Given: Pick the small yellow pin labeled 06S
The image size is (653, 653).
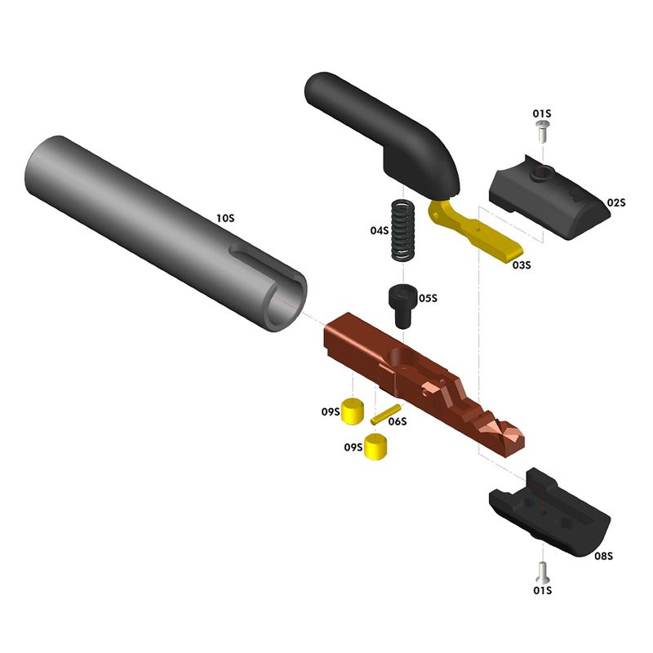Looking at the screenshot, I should (384, 414).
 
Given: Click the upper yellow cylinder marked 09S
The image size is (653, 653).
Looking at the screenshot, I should (353, 410).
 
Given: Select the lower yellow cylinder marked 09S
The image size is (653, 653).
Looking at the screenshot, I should (375, 446).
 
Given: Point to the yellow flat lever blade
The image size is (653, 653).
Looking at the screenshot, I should (482, 237).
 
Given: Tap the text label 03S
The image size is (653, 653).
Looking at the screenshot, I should (522, 264).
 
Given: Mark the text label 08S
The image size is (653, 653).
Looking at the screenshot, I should (603, 556).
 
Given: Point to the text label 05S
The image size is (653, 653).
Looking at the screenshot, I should (429, 299).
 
